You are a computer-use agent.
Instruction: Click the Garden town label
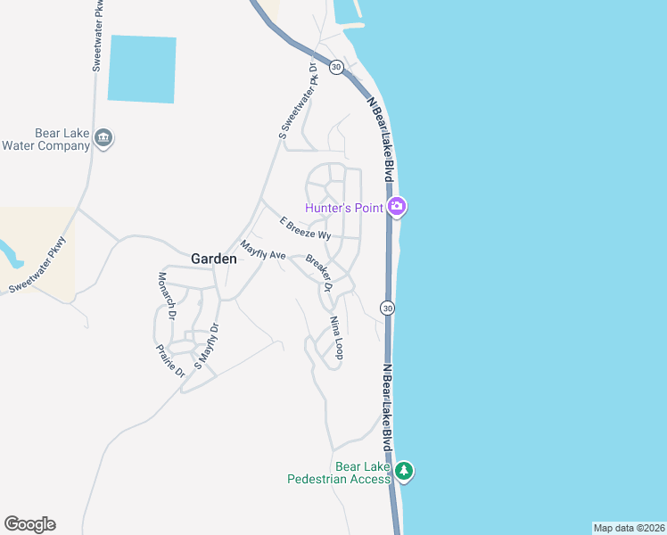pos(214,259)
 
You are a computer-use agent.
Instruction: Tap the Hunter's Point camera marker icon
pos(398,208)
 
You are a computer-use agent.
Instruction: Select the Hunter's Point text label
pos(344,208)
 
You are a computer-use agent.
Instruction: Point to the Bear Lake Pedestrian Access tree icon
pos(404,471)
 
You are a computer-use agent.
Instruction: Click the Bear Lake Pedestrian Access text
pos(338,473)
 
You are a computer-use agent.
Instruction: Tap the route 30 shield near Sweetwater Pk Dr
pos(335,68)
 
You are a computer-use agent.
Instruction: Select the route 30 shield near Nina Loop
pos(386,308)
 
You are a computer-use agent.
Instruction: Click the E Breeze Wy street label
pos(305,229)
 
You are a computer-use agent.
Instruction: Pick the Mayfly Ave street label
pos(262,251)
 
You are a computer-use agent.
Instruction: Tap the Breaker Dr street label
pos(318,274)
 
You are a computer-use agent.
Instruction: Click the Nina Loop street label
pos(336,338)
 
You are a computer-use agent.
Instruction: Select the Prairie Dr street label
pos(169,359)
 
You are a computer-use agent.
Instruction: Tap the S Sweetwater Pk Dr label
pos(298,101)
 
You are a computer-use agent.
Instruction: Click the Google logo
pos(29,524)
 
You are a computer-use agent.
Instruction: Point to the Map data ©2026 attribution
pos(629,528)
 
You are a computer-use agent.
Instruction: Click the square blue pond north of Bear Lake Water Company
pos(142,69)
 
